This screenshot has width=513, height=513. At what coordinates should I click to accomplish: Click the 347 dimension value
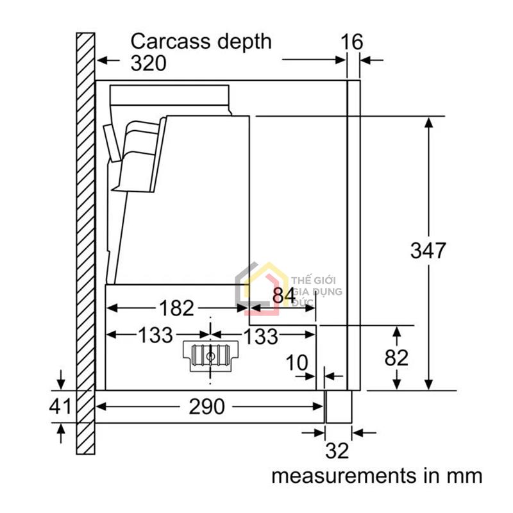(428, 250)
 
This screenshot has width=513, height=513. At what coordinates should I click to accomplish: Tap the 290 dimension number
(207, 406)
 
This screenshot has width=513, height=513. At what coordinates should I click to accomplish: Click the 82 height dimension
(396, 357)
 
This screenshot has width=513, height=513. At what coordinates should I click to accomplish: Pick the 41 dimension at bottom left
(62, 406)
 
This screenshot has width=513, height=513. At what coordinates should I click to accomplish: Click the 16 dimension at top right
(351, 42)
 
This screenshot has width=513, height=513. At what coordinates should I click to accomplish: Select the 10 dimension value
(296, 363)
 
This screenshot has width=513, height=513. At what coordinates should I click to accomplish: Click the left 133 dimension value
(155, 335)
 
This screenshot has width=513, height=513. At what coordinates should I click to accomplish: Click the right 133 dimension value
(260, 335)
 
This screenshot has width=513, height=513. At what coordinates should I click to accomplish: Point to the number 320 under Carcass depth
(148, 63)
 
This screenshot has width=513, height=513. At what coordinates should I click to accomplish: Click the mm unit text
(464, 476)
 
